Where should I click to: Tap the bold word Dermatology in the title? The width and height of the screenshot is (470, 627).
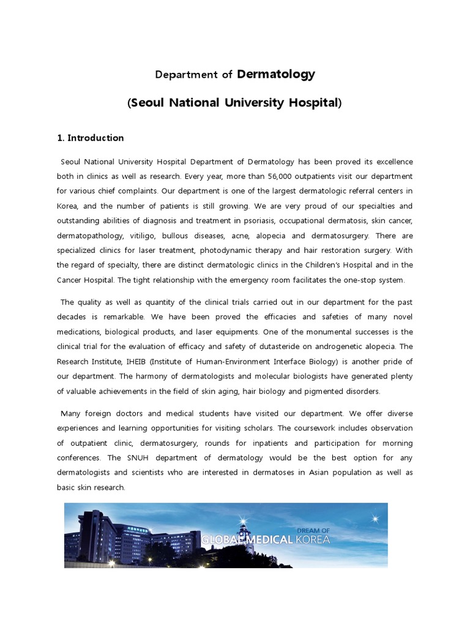click(x=275, y=75)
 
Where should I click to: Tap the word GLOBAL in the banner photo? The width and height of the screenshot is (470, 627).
click(x=224, y=540)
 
